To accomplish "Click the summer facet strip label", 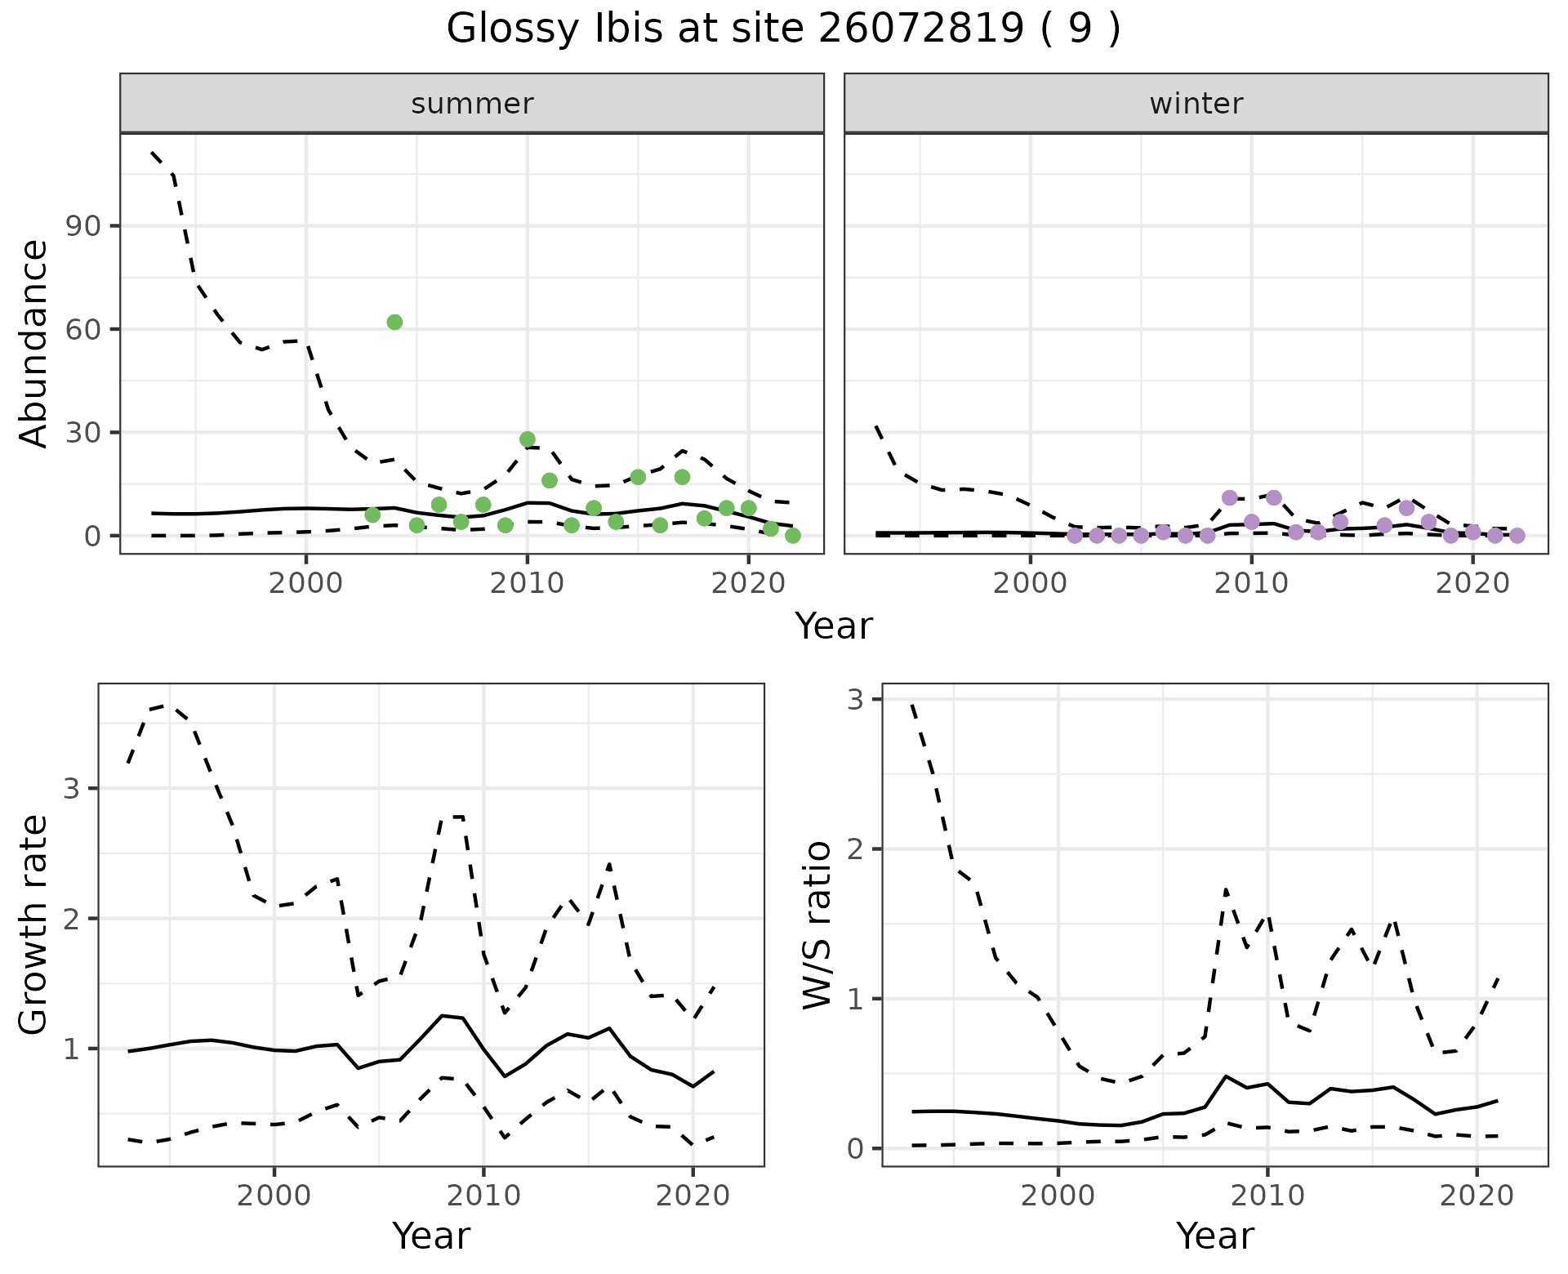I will coord(472,104).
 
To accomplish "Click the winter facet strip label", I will coord(1196,104).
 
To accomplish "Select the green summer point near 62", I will coord(394,323).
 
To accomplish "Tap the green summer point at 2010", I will coord(528,439).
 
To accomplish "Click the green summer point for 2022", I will coord(792,536).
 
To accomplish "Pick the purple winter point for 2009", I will coord(1230,498).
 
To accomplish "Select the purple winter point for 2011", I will coord(1274,498).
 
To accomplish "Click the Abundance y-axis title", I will coord(34,343).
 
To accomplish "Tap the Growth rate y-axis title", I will coord(34,924).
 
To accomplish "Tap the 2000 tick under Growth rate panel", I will coord(274,1196).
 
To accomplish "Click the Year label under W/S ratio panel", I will coord(1215,1236).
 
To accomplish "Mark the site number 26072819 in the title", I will coord(920,29).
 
